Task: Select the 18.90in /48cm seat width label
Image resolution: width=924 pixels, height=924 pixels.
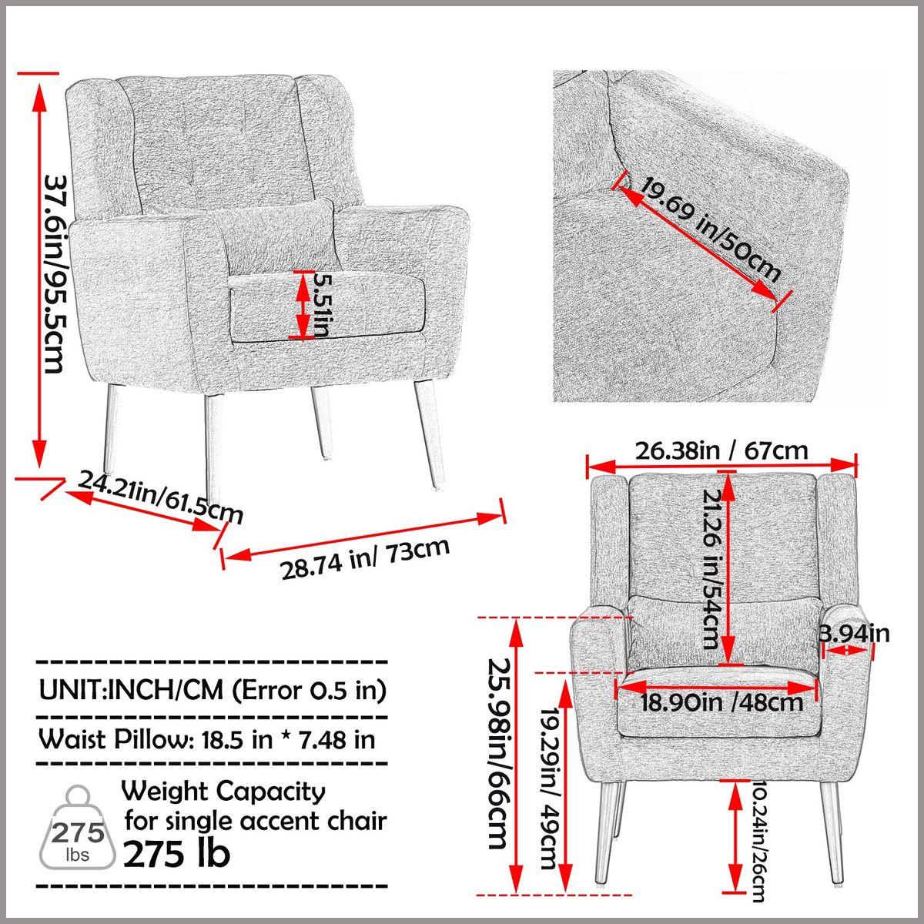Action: pos(721,701)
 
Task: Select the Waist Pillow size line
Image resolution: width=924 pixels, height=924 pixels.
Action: pos(207,739)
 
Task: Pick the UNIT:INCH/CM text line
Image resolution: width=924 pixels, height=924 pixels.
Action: pos(212,689)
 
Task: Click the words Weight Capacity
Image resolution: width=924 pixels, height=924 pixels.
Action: pos(224,791)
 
